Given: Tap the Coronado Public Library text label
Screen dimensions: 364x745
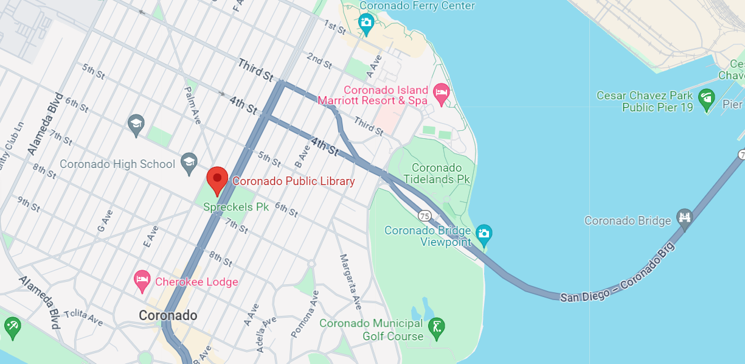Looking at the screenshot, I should click(294, 181).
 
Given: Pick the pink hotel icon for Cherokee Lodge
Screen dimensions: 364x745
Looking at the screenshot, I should click(142, 281).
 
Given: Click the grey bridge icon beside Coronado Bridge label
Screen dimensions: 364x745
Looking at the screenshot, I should click(685, 220).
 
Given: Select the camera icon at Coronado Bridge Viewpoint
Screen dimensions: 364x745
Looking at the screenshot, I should click(483, 233).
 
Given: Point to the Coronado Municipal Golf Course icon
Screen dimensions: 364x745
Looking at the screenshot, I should click(435, 329).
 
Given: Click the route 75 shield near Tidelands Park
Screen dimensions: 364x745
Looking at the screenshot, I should click(424, 215).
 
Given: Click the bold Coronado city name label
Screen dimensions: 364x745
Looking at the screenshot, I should click(168, 315).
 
